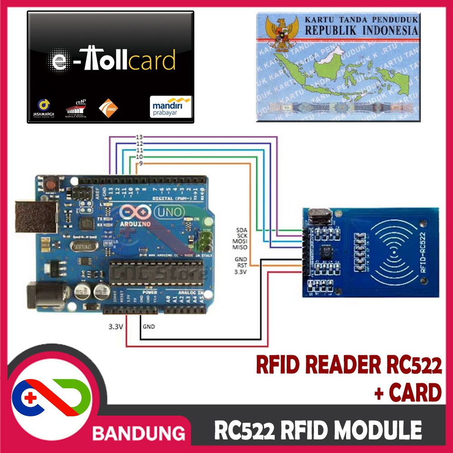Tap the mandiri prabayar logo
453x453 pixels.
(x=171, y=106)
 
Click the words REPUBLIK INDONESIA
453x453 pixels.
(x=361, y=31)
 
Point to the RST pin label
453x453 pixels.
(x=241, y=265)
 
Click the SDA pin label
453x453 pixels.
(x=241, y=229)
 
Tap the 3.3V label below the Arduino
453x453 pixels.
(x=116, y=326)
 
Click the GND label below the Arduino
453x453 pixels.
(x=149, y=326)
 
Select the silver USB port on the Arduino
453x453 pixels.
(x=35, y=217)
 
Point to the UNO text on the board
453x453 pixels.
(x=169, y=211)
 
